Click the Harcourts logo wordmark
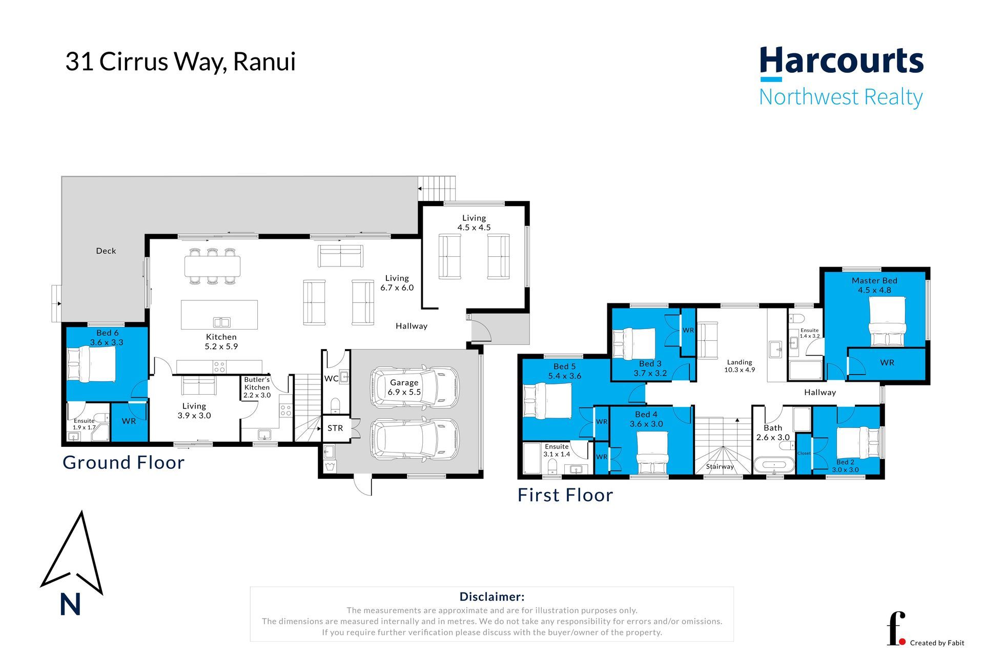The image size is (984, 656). point(841,61)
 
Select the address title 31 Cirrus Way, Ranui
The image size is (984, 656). point(180,61)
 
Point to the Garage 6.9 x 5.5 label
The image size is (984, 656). point(404,387)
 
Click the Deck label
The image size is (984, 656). point(106,251)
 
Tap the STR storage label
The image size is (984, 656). point(335,428)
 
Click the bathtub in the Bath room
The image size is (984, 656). point(774,465)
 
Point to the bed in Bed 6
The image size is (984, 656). point(91,364)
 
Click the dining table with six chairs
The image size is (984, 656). point(212,266)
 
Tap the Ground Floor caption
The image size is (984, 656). point(124,462)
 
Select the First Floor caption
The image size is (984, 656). point(565,495)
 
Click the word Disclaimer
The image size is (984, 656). point(492,597)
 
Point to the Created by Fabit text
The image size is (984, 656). point(937,643)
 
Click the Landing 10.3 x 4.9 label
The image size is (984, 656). point(740,365)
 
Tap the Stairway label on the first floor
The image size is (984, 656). point(720,466)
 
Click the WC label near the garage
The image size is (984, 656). point(331,378)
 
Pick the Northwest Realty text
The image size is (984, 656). point(841,97)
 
